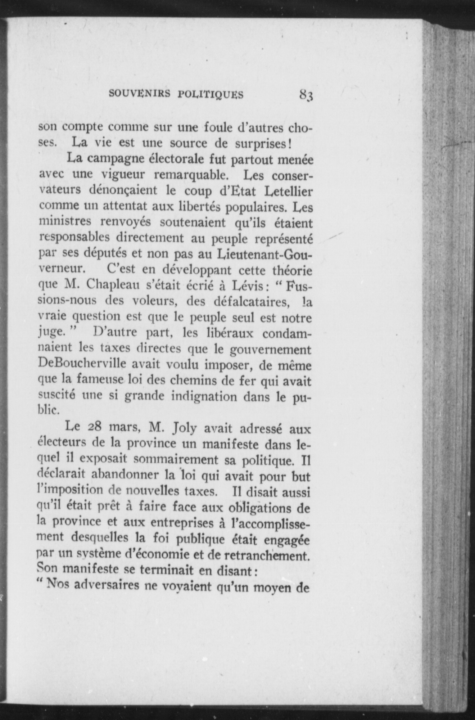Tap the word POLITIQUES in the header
click(211, 94)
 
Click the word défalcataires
click(245, 302)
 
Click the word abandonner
click(118, 475)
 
